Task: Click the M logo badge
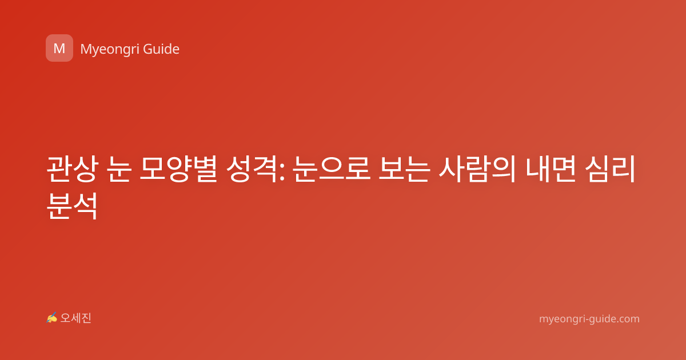click(59, 48)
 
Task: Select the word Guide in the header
click(161, 49)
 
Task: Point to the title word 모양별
click(178, 169)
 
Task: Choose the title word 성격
click(252, 169)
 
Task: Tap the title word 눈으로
click(332, 169)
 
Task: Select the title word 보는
click(404, 169)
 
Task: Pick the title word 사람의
click(477, 169)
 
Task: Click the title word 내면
click(551, 169)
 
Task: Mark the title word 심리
click(610, 169)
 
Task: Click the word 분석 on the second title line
click(73, 205)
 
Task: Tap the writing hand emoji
click(52, 318)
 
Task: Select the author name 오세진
click(75, 318)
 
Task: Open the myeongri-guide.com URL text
click(589, 319)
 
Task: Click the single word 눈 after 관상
click(119, 169)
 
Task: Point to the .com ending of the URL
click(627, 319)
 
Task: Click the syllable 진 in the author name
click(86, 318)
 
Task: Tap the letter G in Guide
click(148, 49)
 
